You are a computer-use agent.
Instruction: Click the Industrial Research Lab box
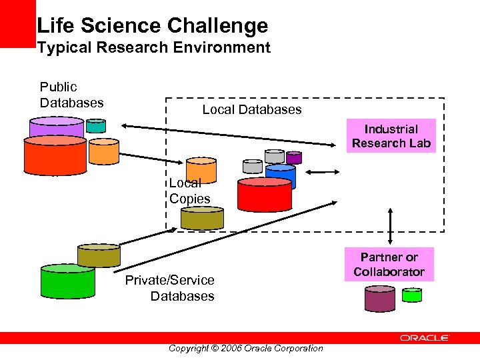(x=391, y=136)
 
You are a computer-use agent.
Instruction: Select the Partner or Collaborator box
(x=389, y=265)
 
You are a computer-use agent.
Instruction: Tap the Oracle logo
(x=425, y=338)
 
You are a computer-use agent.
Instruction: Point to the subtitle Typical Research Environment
(x=153, y=48)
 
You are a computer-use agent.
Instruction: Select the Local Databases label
(x=252, y=109)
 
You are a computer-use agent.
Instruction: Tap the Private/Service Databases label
(x=170, y=288)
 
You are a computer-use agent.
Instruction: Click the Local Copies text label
(x=189, y=191)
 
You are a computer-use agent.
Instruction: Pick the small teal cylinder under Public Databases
(x=96, y=125)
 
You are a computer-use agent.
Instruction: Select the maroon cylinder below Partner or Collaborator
(x=380, y=299)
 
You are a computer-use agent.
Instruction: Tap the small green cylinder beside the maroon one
(x=412, y=295)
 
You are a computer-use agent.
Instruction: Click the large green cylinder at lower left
(x=68, y=282)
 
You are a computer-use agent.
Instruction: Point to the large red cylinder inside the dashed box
(x=265, y=195)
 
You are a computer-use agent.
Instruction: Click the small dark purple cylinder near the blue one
(x=293, y=158)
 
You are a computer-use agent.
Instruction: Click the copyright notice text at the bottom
(x=245, y=348)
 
